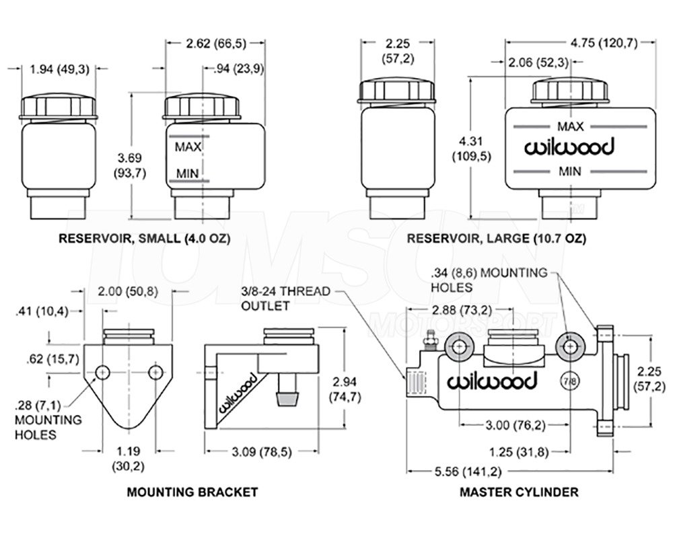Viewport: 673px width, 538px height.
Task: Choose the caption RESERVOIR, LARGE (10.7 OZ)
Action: pyautogui.click(x=496, y=238)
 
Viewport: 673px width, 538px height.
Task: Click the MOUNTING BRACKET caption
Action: pyautogui.click(x=192, y=492)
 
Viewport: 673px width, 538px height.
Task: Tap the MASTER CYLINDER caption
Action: pyautogui.click(x=518, y=492)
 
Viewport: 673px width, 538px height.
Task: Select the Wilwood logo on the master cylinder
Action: pyautogui.click(x=492, y=381)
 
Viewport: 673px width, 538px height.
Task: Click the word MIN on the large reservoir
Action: pyautogui.click(x=570, y=171)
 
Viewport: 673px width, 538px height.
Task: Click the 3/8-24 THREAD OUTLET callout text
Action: pyautogui.click(x=285, y=298)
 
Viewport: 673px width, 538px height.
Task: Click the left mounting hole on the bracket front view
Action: pyautogui.click(x=103, y=371)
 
